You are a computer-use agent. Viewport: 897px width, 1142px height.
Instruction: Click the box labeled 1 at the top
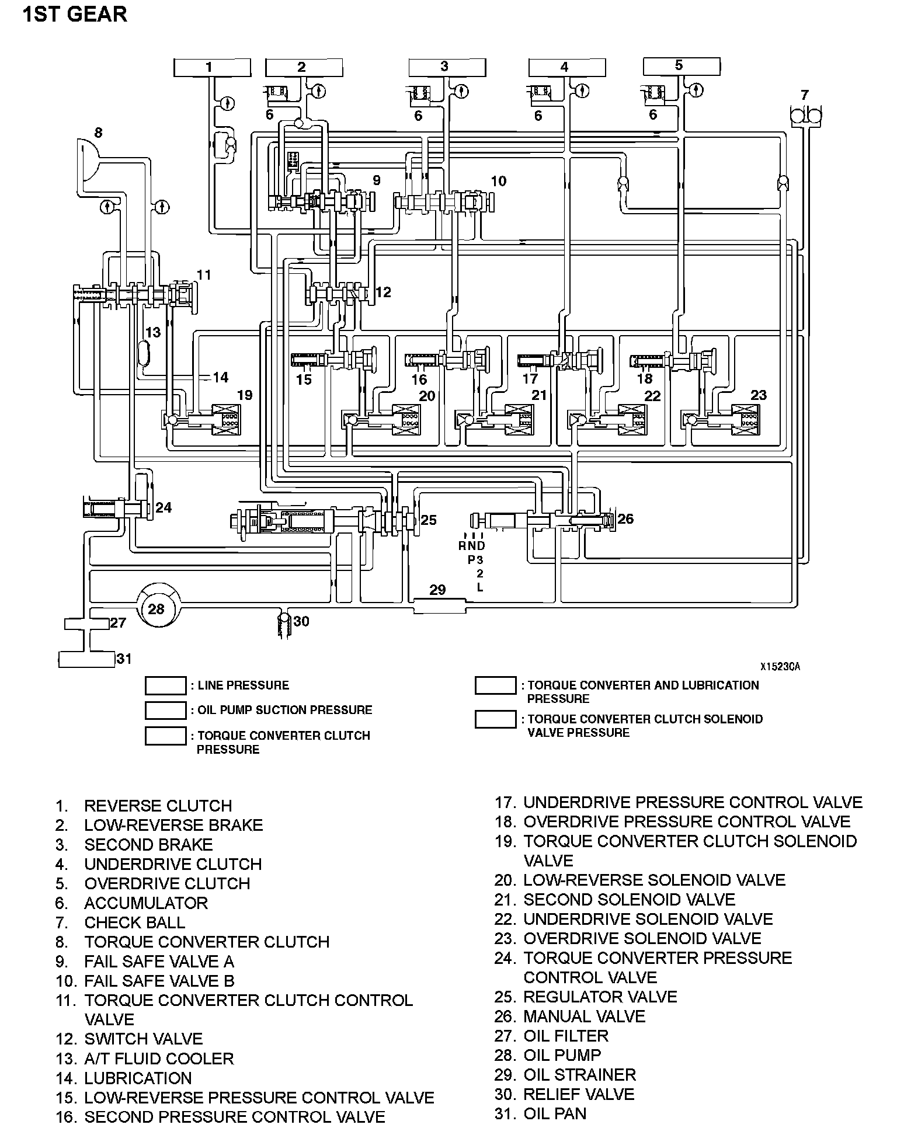point(212,67)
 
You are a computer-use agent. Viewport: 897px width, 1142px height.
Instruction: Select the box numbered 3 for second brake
point(447,67)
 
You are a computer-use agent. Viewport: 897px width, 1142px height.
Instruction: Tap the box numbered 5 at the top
point(682,66)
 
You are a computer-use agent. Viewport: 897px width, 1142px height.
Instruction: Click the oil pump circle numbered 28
point(157,609)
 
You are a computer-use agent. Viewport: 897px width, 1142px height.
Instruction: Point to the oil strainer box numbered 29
point(439,605)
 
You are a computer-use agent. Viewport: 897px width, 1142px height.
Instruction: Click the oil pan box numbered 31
point(86,659)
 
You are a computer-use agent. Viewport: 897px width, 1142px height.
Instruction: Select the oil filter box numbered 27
point(86,624)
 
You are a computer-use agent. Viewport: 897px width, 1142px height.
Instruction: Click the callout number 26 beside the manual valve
point(625,519)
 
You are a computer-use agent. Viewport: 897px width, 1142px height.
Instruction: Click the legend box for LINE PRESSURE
point(165,686)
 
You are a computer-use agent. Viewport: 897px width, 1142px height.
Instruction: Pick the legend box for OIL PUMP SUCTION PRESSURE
point(165,711)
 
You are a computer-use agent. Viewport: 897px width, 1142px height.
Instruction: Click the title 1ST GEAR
point(75,14)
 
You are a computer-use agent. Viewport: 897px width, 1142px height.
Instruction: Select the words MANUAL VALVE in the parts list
point(584,1016)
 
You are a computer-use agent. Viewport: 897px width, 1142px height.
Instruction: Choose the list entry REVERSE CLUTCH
point(158,806)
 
